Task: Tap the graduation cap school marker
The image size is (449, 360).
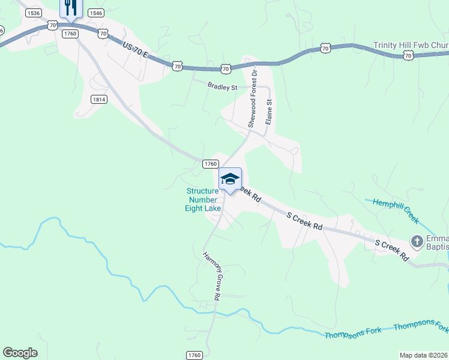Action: click(x=230, y=178)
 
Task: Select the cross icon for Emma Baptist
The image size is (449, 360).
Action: click(x=417, y=241)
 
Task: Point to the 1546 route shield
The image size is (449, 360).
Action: click(x=95, y=12)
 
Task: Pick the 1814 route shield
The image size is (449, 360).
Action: click(x=100, y=99)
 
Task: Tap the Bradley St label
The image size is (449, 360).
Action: click(x=223, y=87)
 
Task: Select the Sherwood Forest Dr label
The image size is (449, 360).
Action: click(x=253, y=98)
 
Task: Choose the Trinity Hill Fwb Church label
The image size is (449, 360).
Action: click(x=411, y=45)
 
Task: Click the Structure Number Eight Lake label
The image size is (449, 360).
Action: click(x=203, y=200)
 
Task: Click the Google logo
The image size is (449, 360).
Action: click(x=20, y=352)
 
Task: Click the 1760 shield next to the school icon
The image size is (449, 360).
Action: click(x=209, y=164)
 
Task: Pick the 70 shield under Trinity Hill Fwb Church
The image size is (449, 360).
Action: click(x=408, y=55)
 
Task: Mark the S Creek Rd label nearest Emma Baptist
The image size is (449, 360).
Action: click(x=391, y=249)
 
